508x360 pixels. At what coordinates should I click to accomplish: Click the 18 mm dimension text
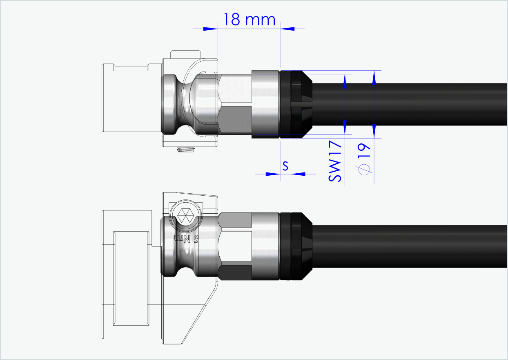(x=249, y=19)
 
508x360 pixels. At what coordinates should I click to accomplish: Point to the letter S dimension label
(x=285, y=165)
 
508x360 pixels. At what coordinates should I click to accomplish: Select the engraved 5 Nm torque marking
(x=187, y=238)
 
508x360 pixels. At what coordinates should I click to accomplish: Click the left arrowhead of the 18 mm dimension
(x=211, y=29)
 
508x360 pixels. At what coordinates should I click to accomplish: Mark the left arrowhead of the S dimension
(x=273, y=174)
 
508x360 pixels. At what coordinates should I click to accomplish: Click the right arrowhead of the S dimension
(x=299, y=174)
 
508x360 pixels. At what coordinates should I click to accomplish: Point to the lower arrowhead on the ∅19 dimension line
(x=374, y=131)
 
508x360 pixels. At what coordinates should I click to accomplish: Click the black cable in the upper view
(x=408, y=104)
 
